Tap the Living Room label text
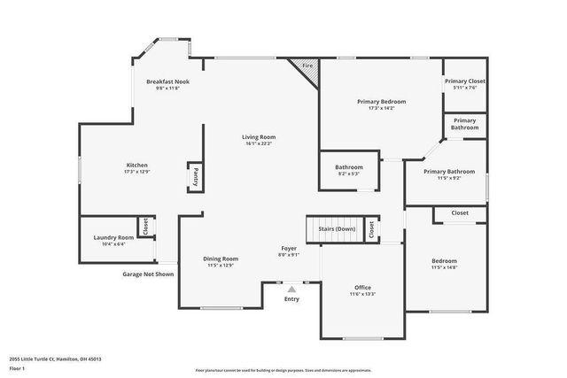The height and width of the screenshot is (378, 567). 260,137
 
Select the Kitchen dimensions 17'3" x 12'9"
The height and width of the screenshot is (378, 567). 136,172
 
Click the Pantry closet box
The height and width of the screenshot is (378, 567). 194,177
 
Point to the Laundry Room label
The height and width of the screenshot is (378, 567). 113,237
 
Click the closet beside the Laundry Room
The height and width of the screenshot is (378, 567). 145,228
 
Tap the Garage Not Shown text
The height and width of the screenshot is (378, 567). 148,274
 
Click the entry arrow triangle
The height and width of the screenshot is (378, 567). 291,289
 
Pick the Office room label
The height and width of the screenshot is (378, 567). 361,287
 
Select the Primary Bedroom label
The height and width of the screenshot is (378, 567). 381,102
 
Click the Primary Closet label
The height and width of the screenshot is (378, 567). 464,81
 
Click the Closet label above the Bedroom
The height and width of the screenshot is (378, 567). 460,213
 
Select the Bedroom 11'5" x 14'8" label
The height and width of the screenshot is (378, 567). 444,261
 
